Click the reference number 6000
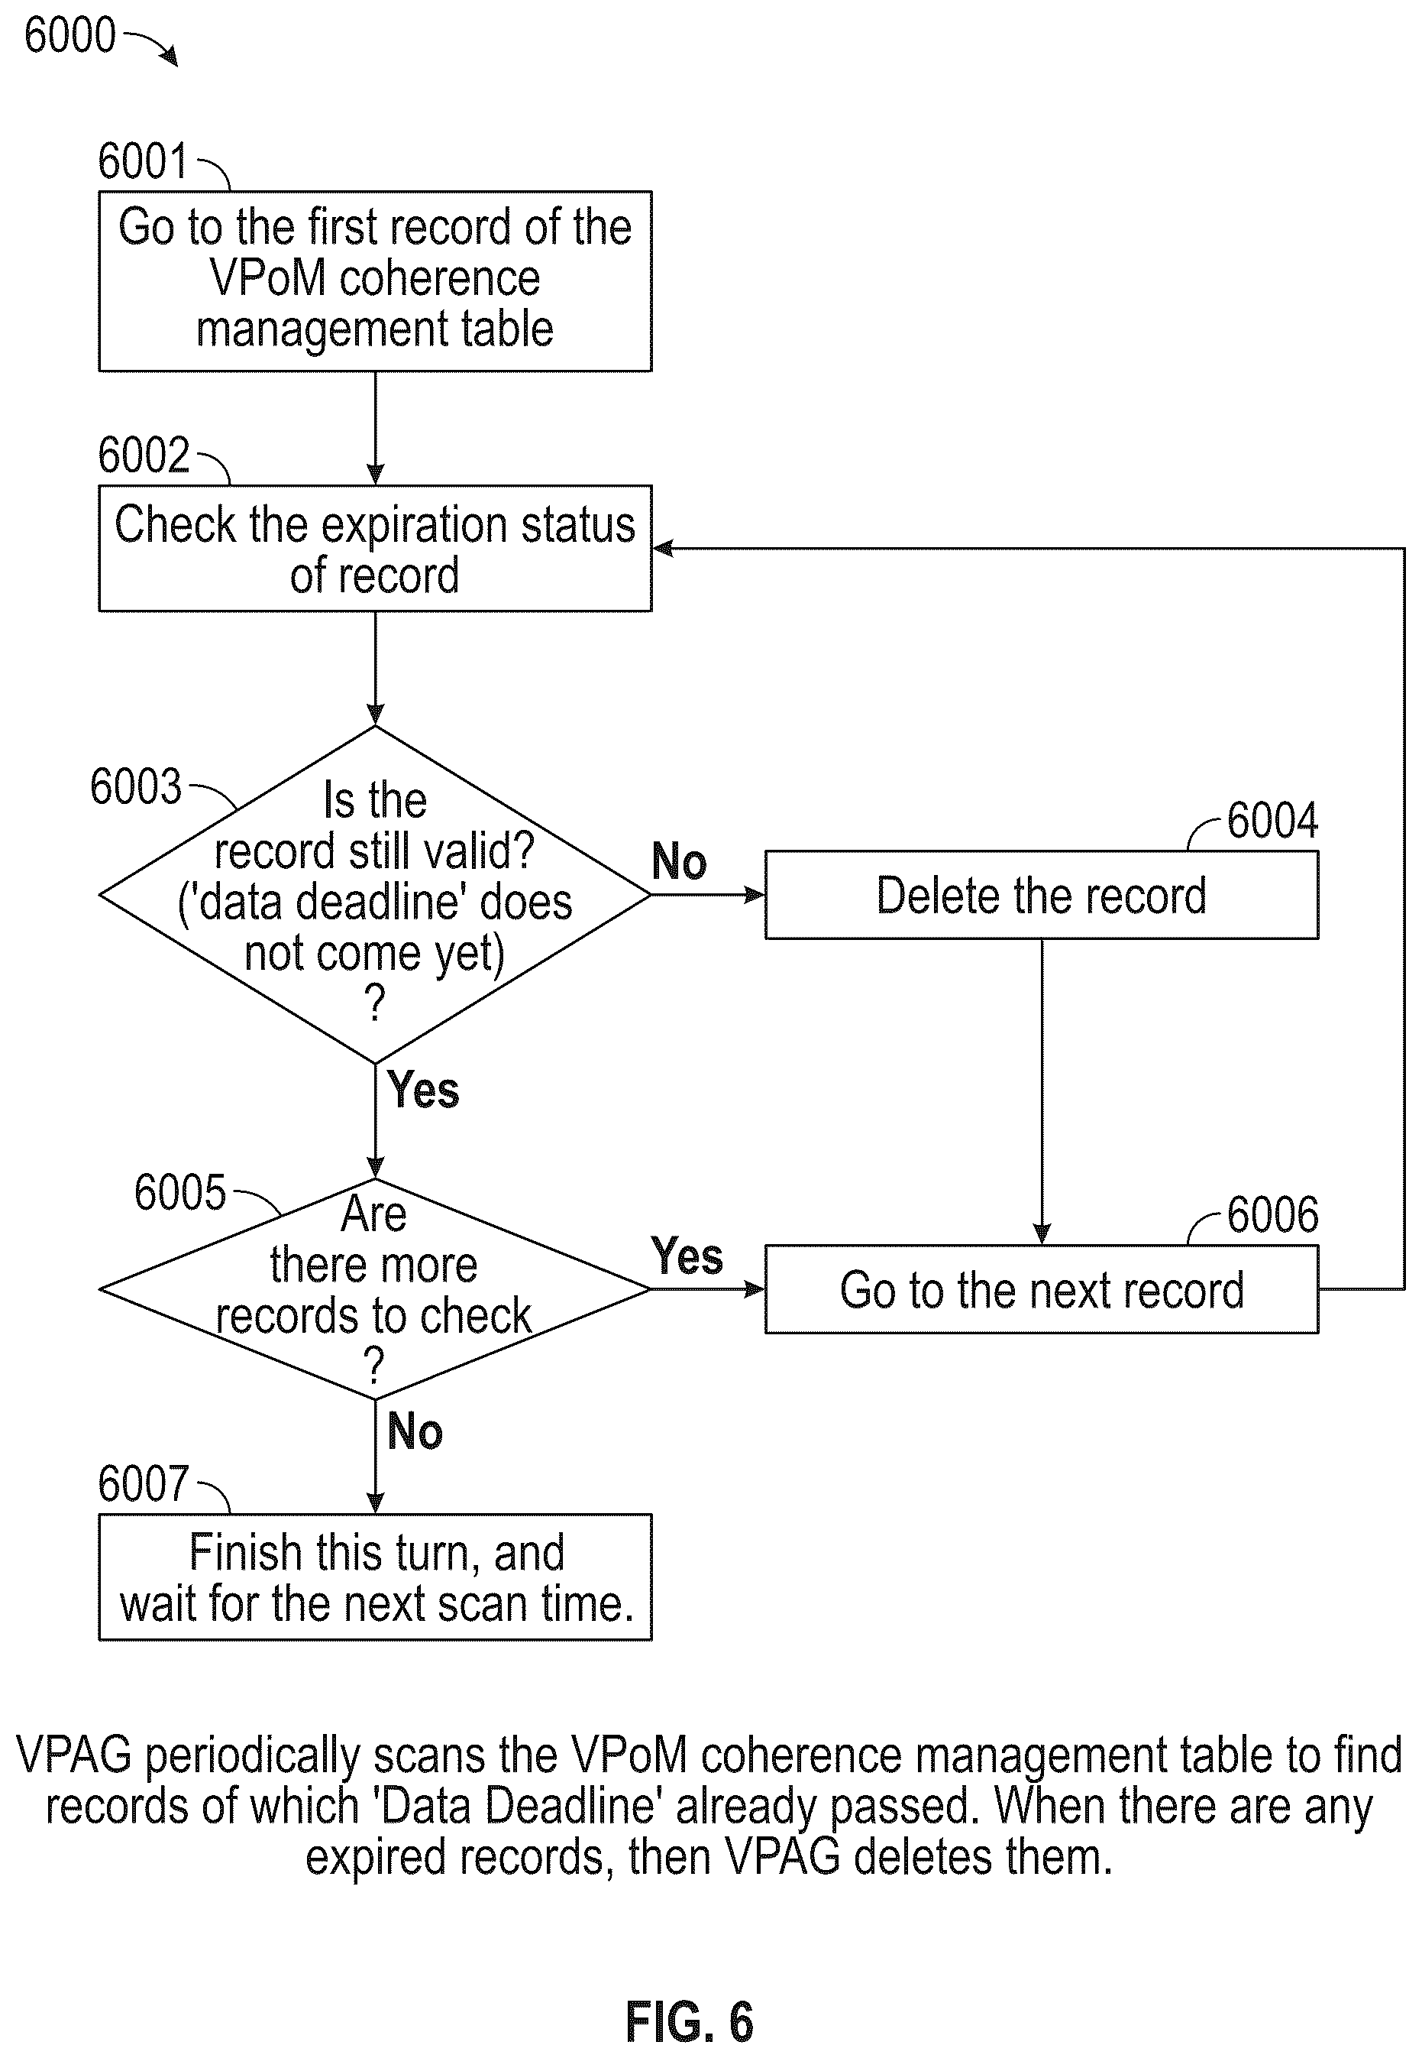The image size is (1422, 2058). coord(69,36)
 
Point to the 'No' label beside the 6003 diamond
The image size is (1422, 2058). coord(679,861)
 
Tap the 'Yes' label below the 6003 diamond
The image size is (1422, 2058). coord(423,1089)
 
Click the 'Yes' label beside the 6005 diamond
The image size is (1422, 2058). coord(687,1256)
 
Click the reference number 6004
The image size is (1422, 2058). coord(1272,820)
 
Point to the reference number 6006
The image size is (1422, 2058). coord(1272,1214)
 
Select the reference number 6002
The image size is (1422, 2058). coord(144,455)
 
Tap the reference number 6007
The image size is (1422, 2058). coord(144,1483)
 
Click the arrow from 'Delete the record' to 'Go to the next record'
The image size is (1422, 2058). coord(1042,1092)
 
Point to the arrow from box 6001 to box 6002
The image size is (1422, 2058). coord(375,428)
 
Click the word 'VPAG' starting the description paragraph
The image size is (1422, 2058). coord(74,1754)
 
